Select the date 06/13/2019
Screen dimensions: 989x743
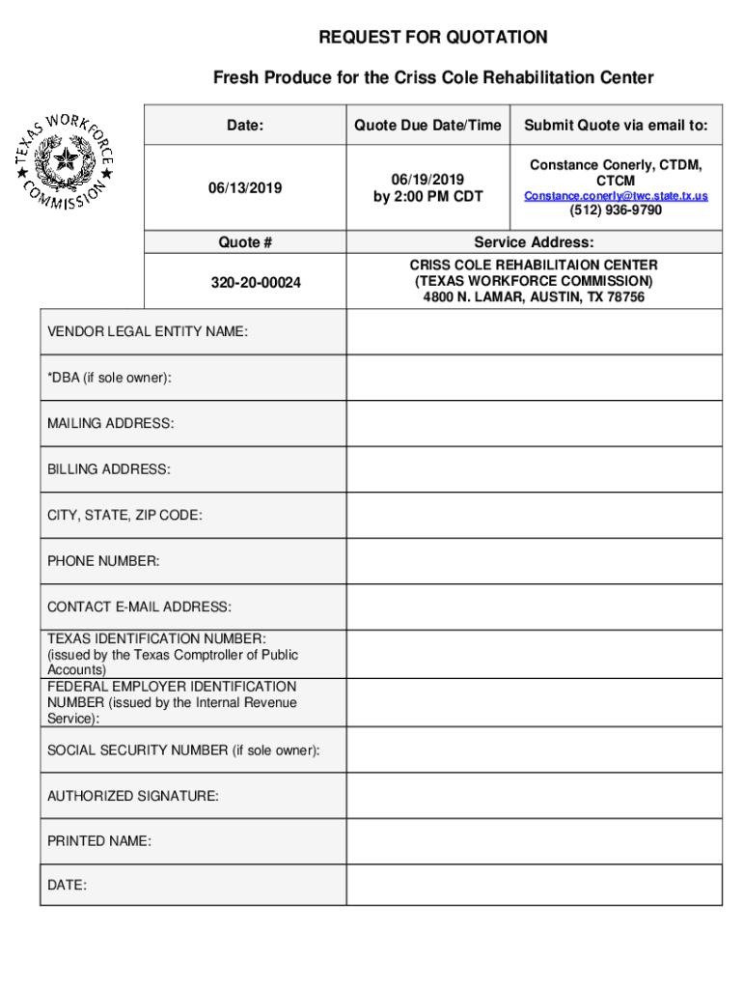245,188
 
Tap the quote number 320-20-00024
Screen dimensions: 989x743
245,283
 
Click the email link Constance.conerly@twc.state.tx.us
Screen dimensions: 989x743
616,196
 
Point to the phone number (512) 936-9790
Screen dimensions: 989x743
616,211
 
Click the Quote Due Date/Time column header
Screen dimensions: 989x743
427,126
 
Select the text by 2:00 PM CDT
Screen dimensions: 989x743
427,197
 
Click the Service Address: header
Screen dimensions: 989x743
534,243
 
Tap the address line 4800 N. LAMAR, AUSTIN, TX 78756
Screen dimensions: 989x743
534,297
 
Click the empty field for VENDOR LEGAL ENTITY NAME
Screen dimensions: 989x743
534,332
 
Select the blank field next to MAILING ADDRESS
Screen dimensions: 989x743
534,424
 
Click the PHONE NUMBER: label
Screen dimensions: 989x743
104,561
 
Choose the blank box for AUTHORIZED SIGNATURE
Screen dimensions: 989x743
534,796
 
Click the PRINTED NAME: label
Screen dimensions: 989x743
99,841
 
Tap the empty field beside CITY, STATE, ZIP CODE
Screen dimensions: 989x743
534,516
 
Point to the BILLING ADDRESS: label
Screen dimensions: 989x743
109,469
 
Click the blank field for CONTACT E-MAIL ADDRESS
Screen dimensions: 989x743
534,608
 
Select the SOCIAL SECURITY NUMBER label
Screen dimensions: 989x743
184,750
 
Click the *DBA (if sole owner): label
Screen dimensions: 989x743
110,378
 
